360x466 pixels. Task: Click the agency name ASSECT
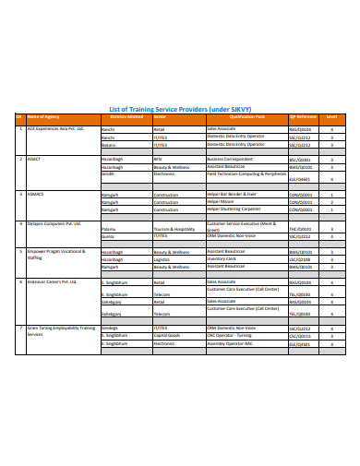click(34, 159)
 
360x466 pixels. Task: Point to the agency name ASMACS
click(35, 195)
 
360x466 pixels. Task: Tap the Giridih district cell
click(108, 173)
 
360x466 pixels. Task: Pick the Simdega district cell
click(110, 328)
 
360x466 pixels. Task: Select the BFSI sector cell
click(158, 159)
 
